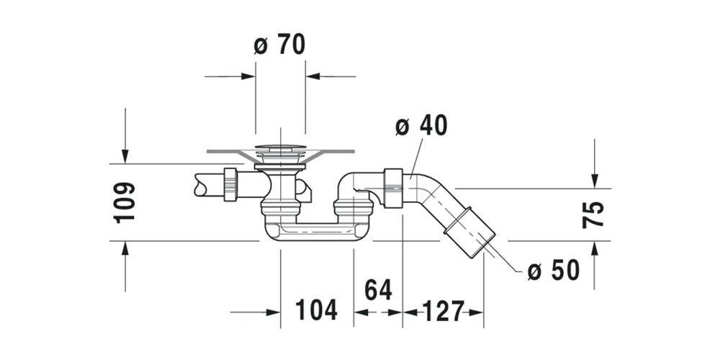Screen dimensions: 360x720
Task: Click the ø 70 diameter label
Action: tap(279, 45)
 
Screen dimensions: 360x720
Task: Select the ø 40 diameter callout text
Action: tap(421, 126)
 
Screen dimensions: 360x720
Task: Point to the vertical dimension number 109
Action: tap(124, 202)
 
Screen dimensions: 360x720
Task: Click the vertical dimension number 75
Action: tap(594, 215)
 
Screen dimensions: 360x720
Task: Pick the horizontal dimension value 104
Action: tap(316, 311)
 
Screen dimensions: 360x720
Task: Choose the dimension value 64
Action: tap(378, 290)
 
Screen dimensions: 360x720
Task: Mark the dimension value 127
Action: tap(442, 311)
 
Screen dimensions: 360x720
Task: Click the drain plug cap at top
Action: tap(280, 150)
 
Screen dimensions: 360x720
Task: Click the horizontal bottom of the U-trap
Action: tap(317, 233)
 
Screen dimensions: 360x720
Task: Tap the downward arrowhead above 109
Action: tap(125, 156)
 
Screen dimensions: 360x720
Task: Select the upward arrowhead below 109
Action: tap(125, 248)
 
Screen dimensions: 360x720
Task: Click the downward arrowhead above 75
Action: tap(594, 181)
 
